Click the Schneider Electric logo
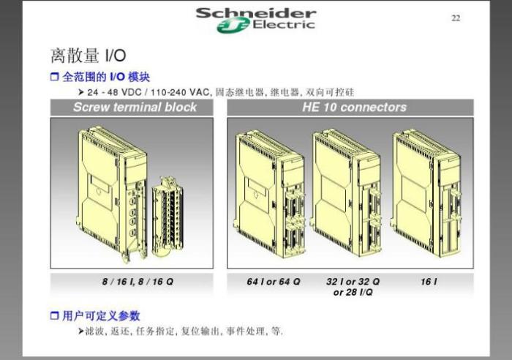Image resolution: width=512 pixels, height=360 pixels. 256,20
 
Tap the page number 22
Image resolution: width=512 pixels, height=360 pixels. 456,18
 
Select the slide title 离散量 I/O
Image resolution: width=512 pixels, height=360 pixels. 89,55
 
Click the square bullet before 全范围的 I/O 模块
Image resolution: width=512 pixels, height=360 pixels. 54,77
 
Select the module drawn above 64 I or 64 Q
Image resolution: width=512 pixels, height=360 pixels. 269,194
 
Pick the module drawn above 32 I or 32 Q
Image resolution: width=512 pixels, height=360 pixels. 345,192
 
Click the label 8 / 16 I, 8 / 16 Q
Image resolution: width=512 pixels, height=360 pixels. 138,282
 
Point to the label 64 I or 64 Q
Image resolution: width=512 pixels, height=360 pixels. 274,282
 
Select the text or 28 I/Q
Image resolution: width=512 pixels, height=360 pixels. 353,292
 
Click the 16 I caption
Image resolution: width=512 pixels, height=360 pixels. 429,282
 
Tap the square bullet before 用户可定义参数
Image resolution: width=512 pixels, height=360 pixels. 54,316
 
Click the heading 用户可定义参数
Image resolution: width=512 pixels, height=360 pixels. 101,316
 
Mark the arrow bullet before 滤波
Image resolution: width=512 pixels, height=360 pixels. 81,331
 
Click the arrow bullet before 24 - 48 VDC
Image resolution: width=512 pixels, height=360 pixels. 81,92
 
